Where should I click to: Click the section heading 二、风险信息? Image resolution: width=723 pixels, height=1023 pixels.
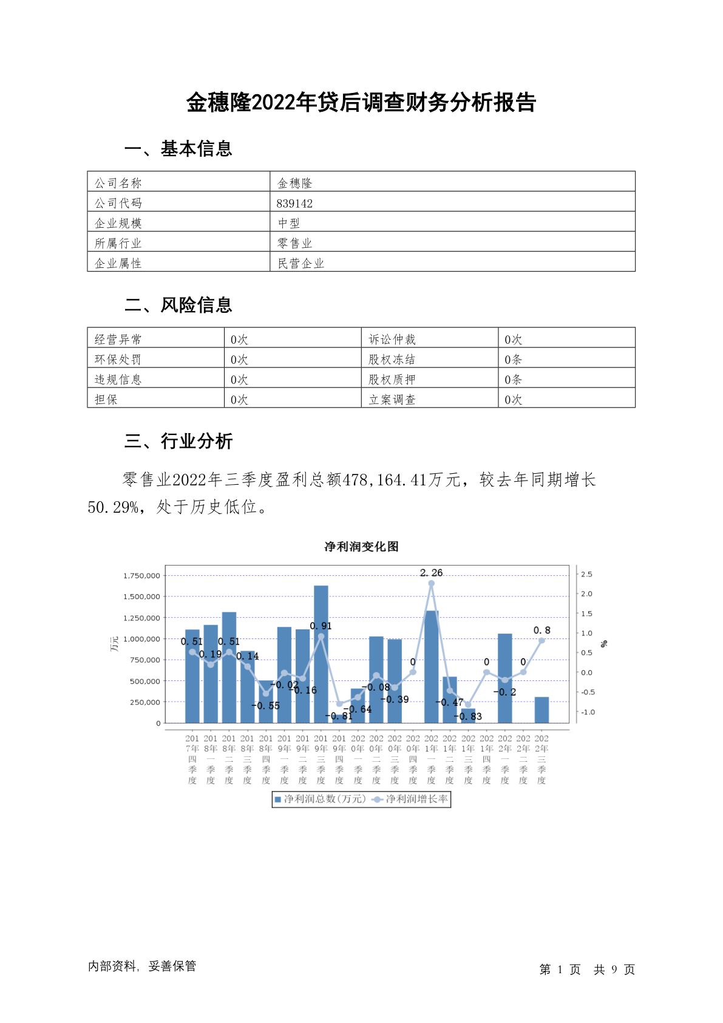pyautogui.click(x=178, y=305)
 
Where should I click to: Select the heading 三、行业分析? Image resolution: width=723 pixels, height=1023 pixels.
pyautogui.click(x=178, y=441)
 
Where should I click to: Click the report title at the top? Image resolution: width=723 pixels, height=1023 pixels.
pyautogui.click(x=361, y=103)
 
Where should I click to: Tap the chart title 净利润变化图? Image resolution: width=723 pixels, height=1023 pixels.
pyautogui.click(x=361, y=547)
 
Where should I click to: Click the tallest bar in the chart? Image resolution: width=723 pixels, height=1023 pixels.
pyautogui.click(x=321, y=654)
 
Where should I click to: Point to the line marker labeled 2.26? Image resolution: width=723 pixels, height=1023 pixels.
pyautogui.click(x=432, y=583)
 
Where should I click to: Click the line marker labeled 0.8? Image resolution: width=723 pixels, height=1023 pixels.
pyautogui.click(x=541, y=640)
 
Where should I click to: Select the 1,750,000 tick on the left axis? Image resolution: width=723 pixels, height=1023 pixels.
pyautogui.click(x=142, y=575)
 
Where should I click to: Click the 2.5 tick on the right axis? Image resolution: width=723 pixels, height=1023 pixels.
pyautogui.click(x=586, y=574)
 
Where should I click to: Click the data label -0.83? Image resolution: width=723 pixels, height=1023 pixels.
pyautogui.click(x=468, y=716)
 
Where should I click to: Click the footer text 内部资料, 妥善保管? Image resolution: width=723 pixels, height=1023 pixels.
pyautogui.click(x=142, y=966)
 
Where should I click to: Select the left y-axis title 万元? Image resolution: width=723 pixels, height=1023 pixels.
pyautogui.click(x=115, y=644)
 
